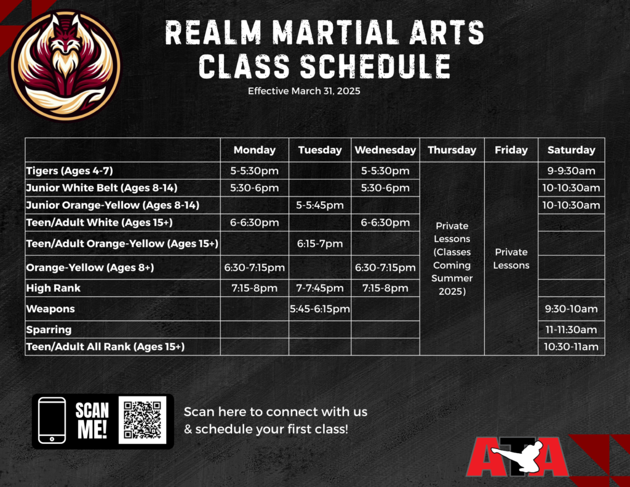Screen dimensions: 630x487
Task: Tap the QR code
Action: (143, 420)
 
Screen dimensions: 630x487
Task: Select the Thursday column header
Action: (452, 150)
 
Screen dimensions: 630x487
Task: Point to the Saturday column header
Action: (572, 150)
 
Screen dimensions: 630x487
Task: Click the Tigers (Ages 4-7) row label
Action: (70, 171)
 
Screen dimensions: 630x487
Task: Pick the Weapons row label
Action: (50, 309)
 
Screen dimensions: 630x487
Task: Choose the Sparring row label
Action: (49, 330)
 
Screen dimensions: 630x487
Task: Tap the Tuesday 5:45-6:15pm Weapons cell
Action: (320, 309)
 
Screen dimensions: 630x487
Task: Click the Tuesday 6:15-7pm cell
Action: (320, 244)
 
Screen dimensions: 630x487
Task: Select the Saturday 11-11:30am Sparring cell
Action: (572, 330)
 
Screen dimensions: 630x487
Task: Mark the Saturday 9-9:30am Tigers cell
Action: (572, 171)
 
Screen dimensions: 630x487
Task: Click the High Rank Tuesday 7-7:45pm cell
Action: (320, 288)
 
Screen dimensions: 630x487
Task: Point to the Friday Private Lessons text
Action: (511, 259)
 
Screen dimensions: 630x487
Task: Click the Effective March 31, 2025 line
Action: (304, 91)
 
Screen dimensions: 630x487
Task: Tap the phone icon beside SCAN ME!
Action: (52, 421)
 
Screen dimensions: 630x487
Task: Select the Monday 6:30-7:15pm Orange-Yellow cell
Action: (254, 267)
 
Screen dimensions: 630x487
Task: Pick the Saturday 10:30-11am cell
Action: (572, 347)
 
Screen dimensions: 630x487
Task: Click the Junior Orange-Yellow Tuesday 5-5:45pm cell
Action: (320, 205)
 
